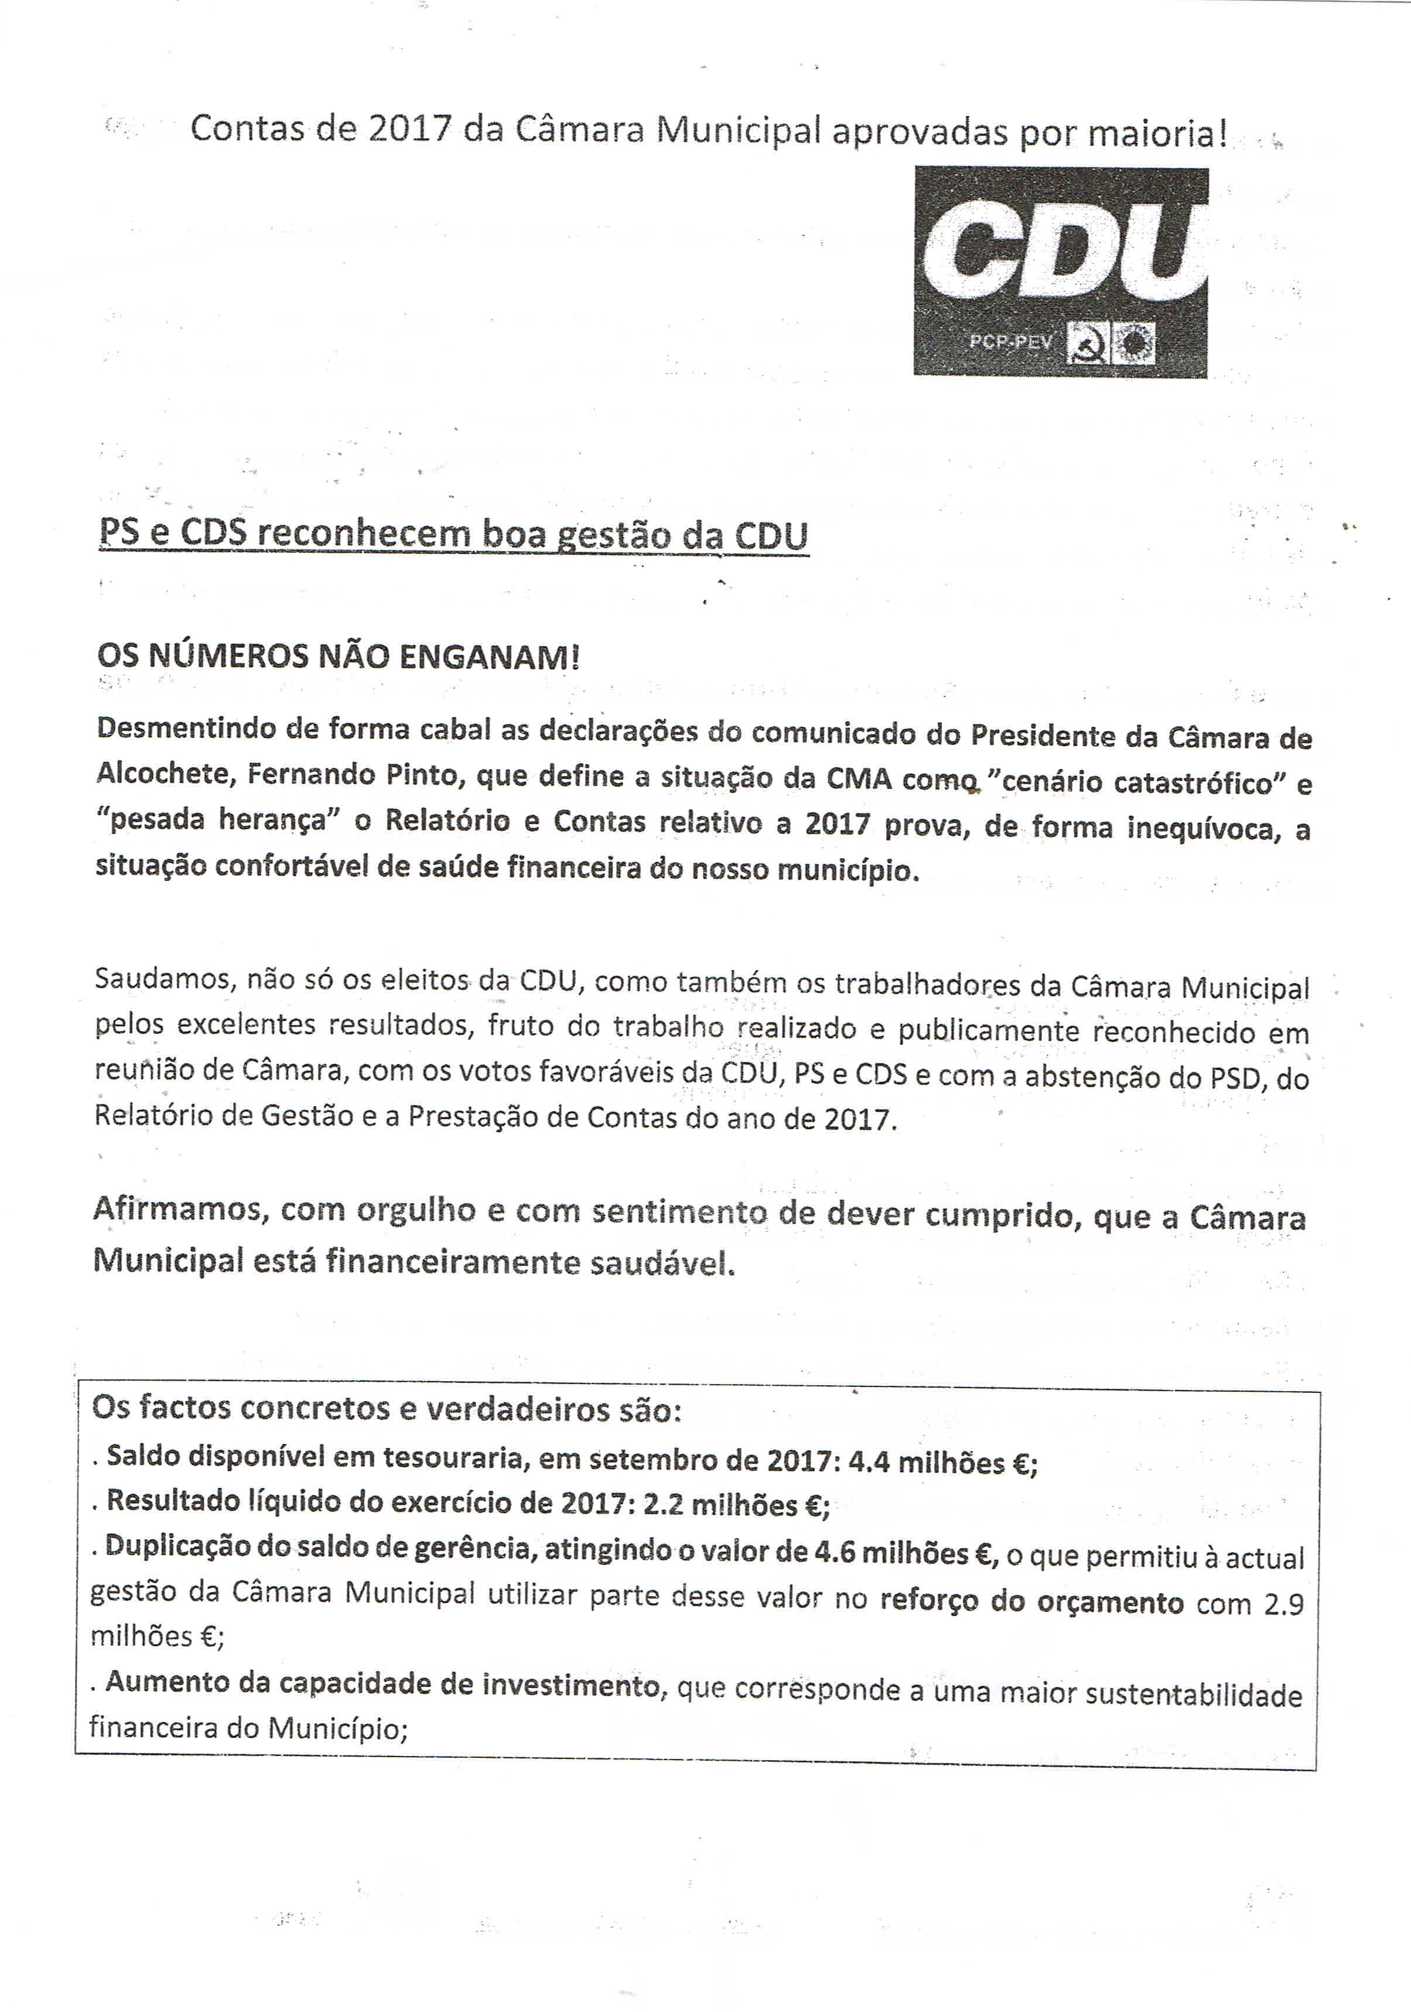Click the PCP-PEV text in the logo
(1010, 341)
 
